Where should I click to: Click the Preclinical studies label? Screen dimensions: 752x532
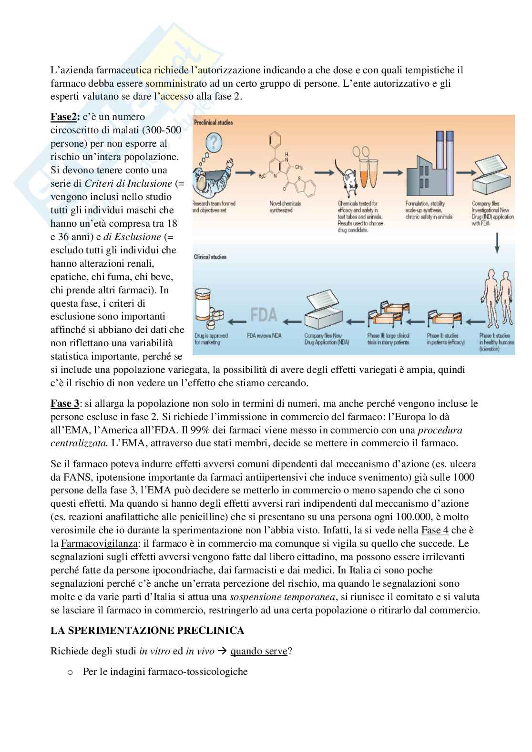(214, 123)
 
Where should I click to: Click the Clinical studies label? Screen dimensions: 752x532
(210, 257)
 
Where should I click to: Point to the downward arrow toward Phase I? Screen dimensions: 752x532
(497, 243)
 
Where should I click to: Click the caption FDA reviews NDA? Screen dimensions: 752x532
(264, 335)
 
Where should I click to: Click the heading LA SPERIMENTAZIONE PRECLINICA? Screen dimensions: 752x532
(147, 631)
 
